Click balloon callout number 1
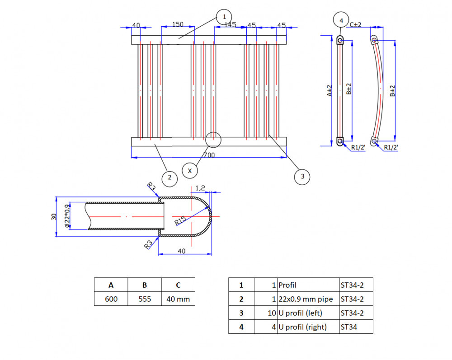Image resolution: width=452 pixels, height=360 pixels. pos(224,17)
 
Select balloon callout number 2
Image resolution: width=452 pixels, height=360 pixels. pos(169,178)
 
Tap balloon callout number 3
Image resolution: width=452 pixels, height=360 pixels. pos(302,177)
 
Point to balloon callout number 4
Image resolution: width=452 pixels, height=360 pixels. pos(341,20)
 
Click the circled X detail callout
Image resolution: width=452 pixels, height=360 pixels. pos(190,171)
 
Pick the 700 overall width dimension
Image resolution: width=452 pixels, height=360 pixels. pos(209,155)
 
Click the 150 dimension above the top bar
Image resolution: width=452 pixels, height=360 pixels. pos(178,24)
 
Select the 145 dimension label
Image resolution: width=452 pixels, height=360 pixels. pos(231,25)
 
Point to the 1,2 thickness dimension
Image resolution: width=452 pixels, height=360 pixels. pos(200,188)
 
